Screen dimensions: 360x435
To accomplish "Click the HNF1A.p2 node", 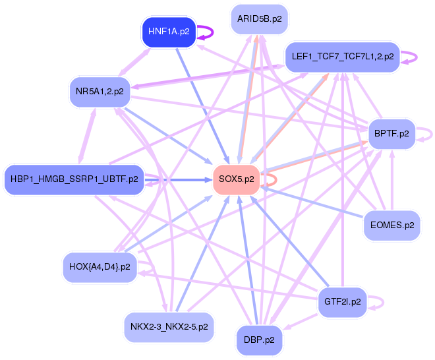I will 169,32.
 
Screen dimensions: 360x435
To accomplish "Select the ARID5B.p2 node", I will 260,19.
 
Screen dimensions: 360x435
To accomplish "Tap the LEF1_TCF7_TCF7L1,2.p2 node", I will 342,57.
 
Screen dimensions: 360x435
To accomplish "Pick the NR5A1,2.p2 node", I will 100,92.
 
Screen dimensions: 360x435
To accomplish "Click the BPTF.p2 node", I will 391,134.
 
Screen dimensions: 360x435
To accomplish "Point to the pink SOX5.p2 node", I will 236,179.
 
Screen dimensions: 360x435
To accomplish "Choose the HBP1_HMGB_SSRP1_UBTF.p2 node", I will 74,179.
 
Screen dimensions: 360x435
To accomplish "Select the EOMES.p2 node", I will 391,225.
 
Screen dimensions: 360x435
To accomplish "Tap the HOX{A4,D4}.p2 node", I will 100,267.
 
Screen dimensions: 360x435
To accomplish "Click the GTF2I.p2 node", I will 343,302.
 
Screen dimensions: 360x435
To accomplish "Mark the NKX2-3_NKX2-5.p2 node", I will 169,326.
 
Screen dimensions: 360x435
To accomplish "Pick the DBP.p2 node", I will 260,340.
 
